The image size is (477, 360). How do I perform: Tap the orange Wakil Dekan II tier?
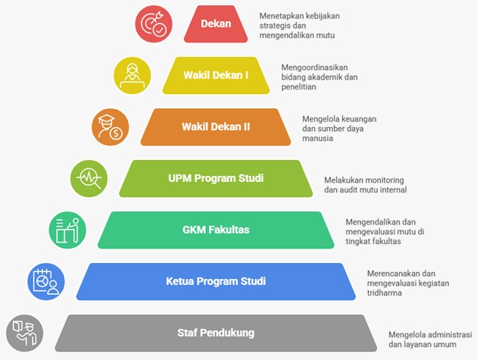(216, 127)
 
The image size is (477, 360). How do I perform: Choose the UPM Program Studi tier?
(216, 179)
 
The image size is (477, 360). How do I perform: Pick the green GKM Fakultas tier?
(216, 230)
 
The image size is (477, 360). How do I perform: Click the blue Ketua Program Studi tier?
(216, 282)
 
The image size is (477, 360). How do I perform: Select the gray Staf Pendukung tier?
(216, 333)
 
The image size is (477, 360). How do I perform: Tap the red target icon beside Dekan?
(154, 23)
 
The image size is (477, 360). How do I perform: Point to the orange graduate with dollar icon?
(111, 127)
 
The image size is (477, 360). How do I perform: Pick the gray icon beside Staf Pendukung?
(25, 333)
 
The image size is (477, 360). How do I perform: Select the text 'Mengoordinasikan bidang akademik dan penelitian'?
(318, 76)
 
